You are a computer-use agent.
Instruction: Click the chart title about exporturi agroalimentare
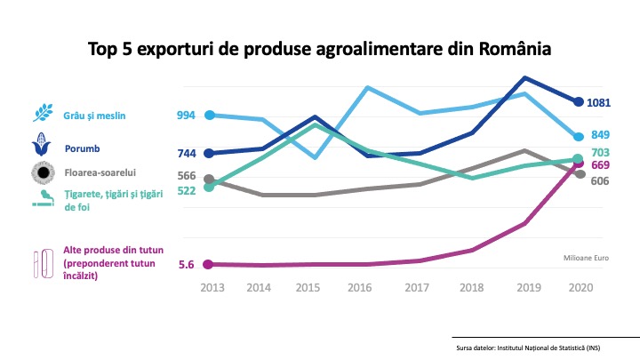point(319,48)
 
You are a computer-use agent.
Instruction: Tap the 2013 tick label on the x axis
point(212,288)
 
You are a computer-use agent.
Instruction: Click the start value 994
point(186,116)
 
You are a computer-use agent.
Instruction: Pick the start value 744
point(186,154)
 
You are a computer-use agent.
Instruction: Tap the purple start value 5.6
point(186,265)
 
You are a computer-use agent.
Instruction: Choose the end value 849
point(602,136)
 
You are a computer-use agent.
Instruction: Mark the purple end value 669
point(601,165)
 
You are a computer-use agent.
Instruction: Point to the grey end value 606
point(601,180)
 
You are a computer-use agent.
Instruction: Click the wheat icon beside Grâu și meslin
point(43,114)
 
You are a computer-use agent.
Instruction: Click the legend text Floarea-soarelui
point(99,172)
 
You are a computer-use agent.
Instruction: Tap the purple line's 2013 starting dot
point(209,264)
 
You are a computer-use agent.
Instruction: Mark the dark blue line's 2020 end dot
point(579,102)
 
